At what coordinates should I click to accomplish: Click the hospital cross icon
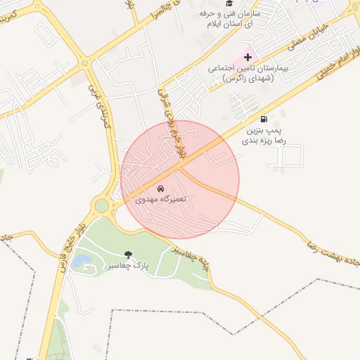247,56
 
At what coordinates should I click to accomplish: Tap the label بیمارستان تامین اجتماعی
248,73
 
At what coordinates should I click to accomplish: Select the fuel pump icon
264,119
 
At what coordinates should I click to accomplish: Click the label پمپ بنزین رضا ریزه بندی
265,136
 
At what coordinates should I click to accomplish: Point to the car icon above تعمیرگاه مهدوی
161,188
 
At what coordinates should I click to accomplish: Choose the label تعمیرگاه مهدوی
161,200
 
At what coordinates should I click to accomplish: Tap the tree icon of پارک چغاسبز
128,254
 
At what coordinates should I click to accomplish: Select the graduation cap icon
229,4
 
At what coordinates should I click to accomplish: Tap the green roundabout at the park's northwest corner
102,206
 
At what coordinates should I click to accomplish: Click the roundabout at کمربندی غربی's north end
85,63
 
